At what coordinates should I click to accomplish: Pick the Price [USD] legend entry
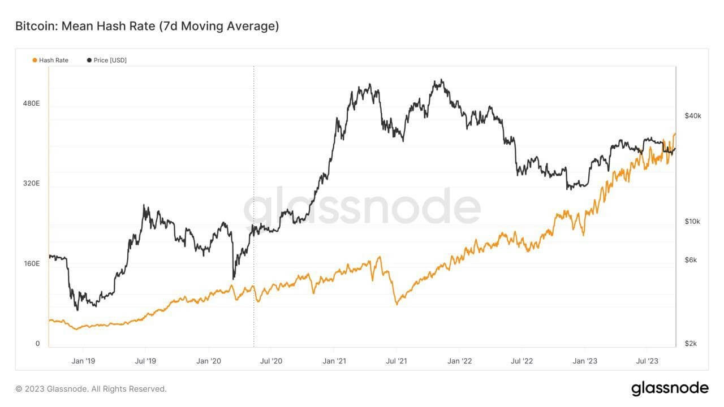point(107,60)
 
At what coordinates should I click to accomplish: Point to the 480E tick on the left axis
point(31,103)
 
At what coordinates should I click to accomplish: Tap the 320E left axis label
point(31,184)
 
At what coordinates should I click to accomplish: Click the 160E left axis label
point(31,264)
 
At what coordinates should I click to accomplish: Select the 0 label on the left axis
point(38,344)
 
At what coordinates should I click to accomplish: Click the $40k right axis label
point(693,116)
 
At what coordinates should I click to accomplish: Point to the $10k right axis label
point(692,222)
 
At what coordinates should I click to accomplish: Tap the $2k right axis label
point(691,344)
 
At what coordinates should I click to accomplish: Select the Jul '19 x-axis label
point(146,361)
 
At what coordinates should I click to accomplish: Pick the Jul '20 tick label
point(272,361)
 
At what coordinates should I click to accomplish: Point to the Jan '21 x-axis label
point(334,361)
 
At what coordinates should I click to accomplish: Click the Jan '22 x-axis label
point(459,361)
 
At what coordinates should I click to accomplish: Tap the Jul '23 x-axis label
point(647,361)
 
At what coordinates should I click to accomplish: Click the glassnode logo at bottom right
point(670,388)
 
